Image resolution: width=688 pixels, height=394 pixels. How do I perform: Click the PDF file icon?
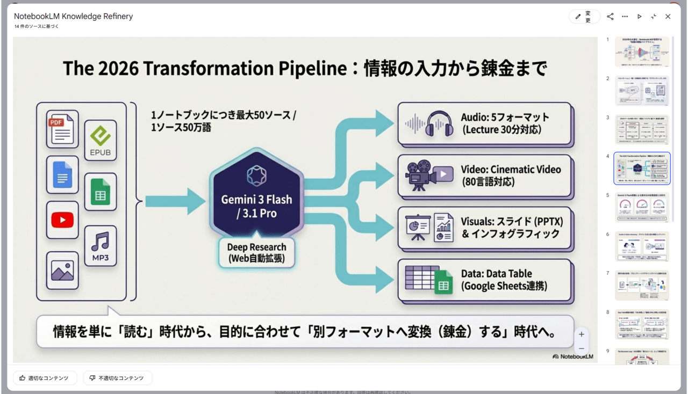[x=62, y=129]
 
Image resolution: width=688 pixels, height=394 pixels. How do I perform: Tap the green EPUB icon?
[x=100, y=140]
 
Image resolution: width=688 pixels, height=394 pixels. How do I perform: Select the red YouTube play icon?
[x=62, y=220]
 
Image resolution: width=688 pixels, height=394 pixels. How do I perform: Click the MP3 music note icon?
[x=100, y=245]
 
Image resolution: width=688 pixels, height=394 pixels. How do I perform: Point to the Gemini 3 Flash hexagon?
[x=257, y=199]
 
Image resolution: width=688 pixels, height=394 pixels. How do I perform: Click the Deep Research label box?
[x=256, y=252]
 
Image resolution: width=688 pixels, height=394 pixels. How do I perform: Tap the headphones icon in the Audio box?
[x=439, y=124]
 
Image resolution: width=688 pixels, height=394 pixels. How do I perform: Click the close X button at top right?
[x=668, y=17]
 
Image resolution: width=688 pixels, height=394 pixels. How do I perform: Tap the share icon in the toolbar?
[x=610, y=17]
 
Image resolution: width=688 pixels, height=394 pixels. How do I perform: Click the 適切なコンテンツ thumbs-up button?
[x=45, y=378]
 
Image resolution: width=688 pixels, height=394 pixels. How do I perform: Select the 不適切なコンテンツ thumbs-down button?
[x=117, y=378]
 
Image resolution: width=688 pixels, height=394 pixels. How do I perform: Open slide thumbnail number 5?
[x=642, y=207]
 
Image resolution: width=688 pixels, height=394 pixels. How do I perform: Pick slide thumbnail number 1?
[x=642, y=52]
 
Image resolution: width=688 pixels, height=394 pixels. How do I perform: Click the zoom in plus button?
[x=581, y=334]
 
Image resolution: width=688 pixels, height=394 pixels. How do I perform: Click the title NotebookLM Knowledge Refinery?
[x=74, y=16]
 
